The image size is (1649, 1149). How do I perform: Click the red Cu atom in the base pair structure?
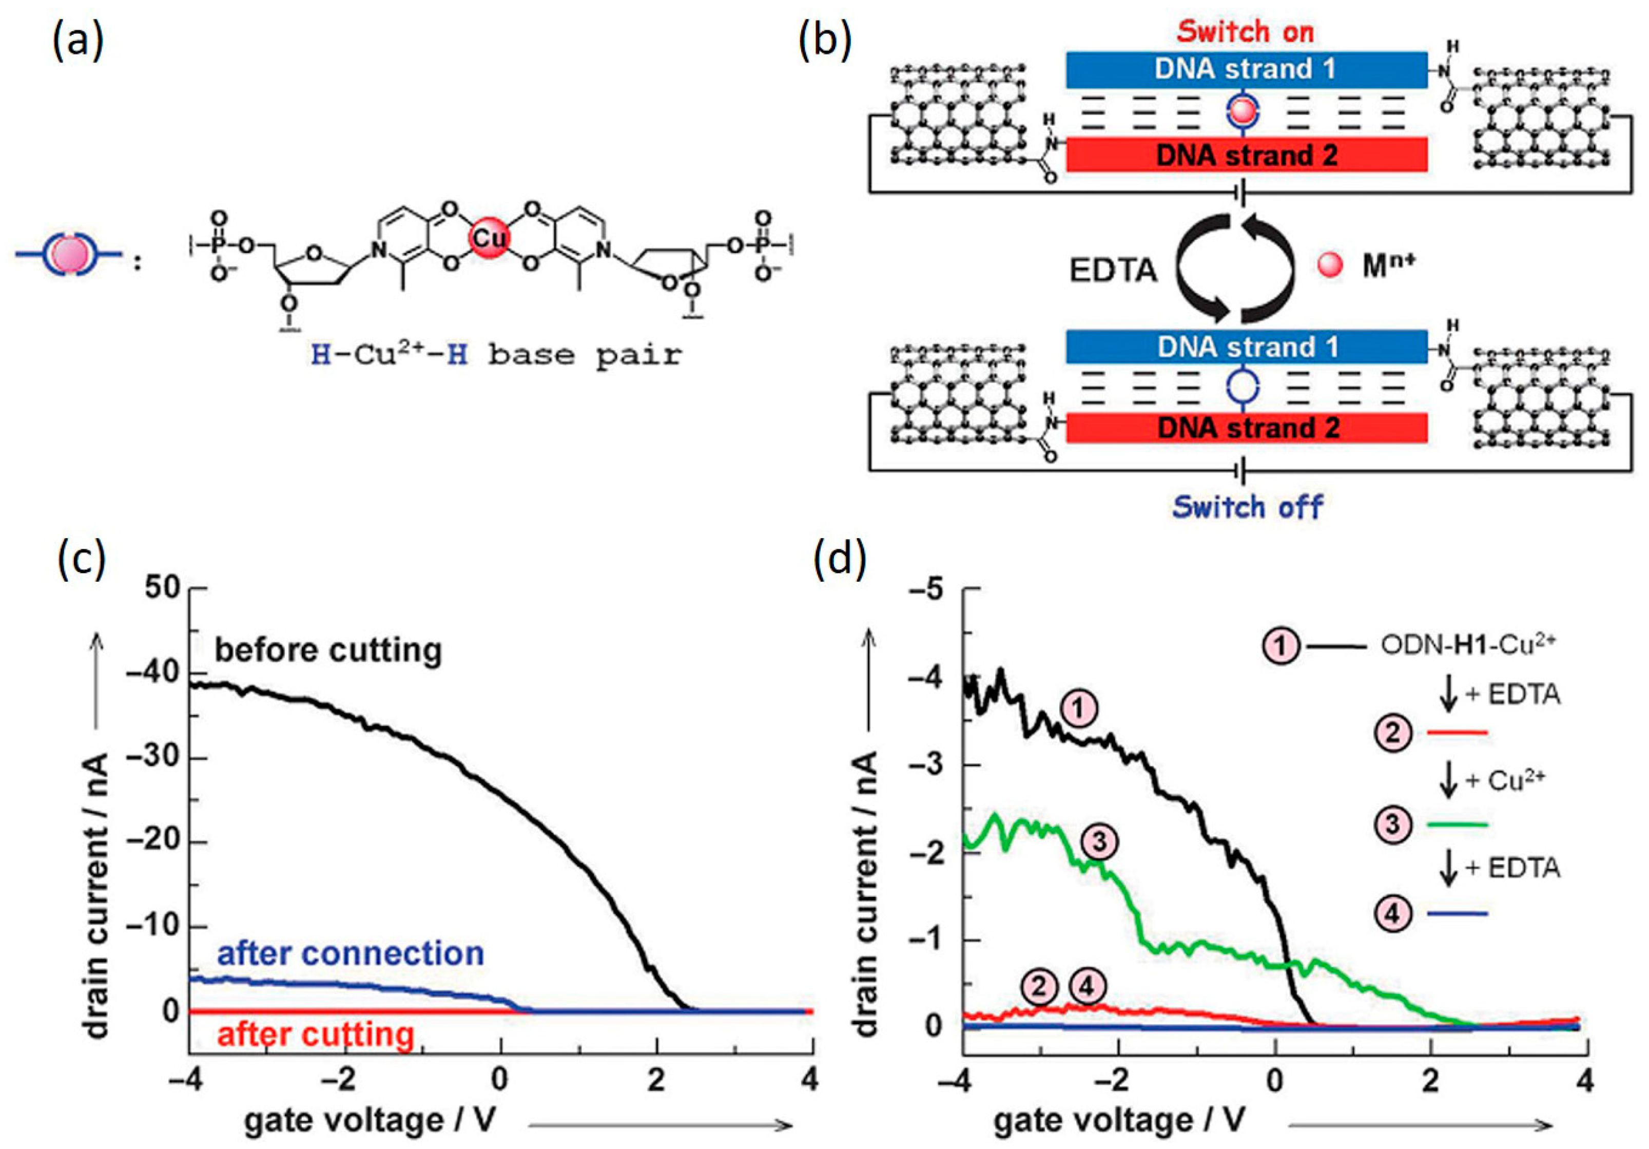click(x=491, y=238)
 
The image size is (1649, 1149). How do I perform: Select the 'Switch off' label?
click(x=1248, y=507)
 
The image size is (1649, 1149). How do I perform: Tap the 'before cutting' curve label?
click(x=328, y=650)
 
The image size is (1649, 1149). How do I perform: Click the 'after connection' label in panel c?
click(x=351, y=953)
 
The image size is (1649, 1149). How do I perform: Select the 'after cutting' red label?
click(x=316, y=1035)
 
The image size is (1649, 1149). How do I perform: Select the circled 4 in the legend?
click(x=1392, y=913)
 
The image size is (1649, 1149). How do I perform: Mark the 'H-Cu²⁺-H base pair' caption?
click(x=496, y=355)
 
